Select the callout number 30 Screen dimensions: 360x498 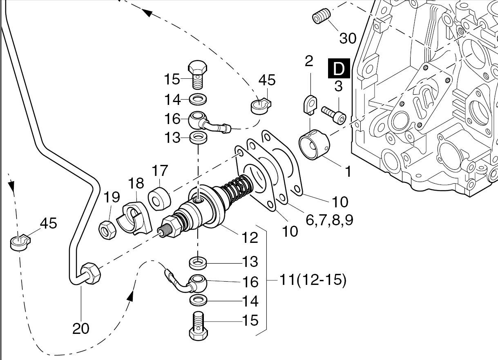348,38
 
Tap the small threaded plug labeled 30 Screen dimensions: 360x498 322,18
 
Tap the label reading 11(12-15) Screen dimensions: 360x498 313,281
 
